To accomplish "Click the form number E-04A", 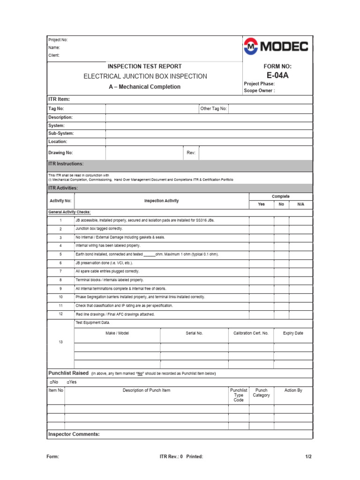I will (x=277, y=75).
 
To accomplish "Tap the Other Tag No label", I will (x=213, y=109).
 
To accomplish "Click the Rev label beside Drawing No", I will (x=191, y=153).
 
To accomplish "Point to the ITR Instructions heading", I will (x=66, y=164).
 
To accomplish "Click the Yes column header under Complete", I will (x=261, y=204).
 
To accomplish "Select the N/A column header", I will (x=300, y=204).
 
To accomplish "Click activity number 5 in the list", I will (x=60, y=254).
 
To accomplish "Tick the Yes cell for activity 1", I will (x=261, y=220).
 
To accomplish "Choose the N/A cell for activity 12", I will (x=300, y=314).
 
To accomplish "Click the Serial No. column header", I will (x=194, y=333).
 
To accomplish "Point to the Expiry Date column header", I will (x=293, y=333).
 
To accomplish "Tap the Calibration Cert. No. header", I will (x=251, y=333).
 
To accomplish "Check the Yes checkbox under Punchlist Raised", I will (x=68, y=382).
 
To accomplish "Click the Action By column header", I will (x=293, y=390).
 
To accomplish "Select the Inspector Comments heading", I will (x=74, y=434).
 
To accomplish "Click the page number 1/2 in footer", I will (x=308, y=457).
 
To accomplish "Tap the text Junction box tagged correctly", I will (x=99, y=229).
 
